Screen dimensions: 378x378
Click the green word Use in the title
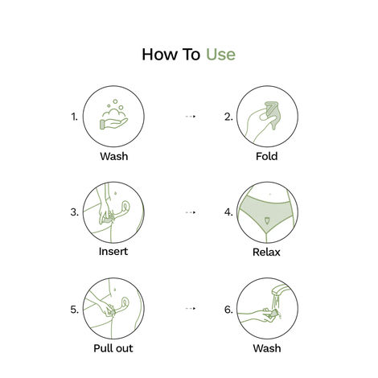(220, 55)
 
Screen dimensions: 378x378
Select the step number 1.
(75, 117)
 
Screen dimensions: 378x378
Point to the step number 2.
(228, 117)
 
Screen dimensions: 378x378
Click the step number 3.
(75, 212)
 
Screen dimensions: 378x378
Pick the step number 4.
(228, 212)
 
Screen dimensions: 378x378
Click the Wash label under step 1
(113, 156)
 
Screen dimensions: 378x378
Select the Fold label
(266, 156)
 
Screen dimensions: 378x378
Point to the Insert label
(113, 251)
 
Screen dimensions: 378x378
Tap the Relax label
(266, 251)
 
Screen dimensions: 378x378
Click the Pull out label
(113, 348)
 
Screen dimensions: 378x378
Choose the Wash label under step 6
(266, 348)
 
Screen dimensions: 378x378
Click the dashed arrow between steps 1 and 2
(190, 117)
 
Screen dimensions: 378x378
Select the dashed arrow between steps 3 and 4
(190, 212)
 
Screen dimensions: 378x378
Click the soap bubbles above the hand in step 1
(116, 107)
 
